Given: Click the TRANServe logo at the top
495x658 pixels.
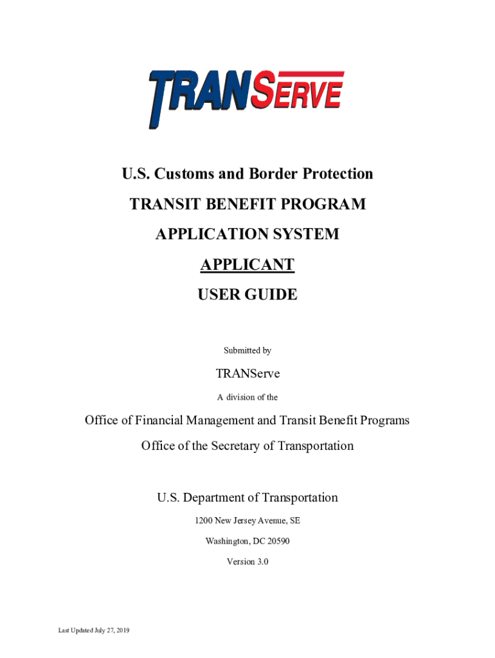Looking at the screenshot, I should click(x=247, y=97).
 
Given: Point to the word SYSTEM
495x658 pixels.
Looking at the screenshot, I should click(x=304, y=235).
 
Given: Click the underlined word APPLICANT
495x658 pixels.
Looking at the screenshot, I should click(x=247, y=265).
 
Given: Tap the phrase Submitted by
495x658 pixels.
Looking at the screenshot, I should click(x=247, y=351).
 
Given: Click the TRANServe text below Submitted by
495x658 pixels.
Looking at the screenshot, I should click(x=247, y=373).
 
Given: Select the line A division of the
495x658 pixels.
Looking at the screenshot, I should click(x=247, y=398).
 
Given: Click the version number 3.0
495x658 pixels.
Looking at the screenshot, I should click(x=261, y=562).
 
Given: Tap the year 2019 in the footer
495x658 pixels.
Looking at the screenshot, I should click(x=122, y=631).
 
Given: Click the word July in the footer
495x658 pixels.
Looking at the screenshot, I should click(x=96, y=631).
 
